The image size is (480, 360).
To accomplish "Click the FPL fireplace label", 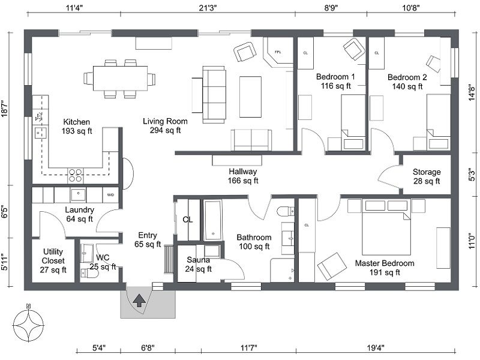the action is pos(278,52).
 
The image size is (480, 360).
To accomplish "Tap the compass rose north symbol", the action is pos(28,324).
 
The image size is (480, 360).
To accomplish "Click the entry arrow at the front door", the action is pos(140,301).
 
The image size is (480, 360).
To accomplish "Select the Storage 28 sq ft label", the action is pos(427,176).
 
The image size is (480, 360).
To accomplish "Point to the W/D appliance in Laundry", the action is pos(110,194).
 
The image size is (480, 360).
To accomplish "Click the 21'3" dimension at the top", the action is pos(208,8).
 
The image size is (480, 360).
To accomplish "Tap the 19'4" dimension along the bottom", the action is pos(376,348).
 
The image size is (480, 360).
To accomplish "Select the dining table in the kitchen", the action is pos(119,79).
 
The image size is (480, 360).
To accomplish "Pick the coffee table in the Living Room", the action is pos(250,97).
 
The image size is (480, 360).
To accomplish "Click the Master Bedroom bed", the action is pos(386,227).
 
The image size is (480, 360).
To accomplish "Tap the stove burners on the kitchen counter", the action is pos(76,175).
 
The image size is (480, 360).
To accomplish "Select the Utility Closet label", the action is pos(53,261).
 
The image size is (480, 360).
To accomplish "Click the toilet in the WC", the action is pos(89,273).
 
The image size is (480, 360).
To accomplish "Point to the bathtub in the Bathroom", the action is pos(213,220).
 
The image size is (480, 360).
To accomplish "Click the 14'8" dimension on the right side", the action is pos(472,92).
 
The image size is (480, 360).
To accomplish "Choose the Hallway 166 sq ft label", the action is pos(243,176).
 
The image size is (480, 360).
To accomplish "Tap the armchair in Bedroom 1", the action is pos(354,49).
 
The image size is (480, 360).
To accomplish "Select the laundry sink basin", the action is pos(79,194).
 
